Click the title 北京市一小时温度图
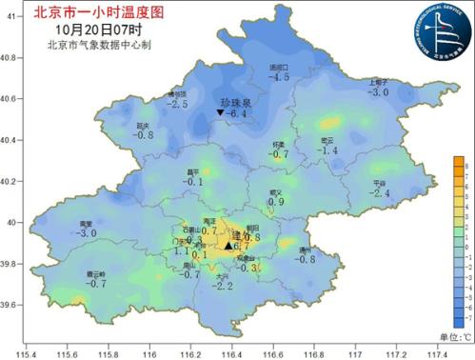(x=85, y=13)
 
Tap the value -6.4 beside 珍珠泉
(x=234, y=114)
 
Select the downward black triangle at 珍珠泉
(x=220, y=113)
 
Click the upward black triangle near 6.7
(x=228, y=245)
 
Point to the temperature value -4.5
(x=278, y=77)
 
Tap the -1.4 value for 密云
(x=327, y=150)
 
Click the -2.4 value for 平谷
(x=381, y=193)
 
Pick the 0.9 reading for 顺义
(x=276, y=202)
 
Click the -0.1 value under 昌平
(x=193, y=182)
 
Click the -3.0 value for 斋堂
(x=88, y=233)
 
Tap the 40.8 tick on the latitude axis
(x=11, y=58)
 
